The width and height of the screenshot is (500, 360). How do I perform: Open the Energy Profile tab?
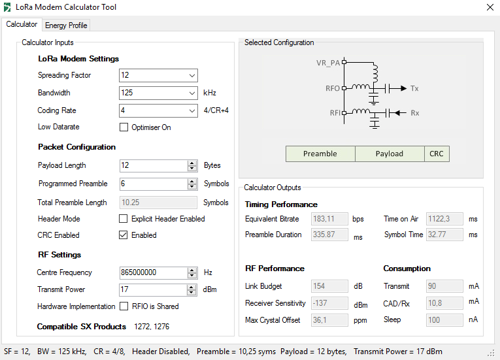[x=66, y=25]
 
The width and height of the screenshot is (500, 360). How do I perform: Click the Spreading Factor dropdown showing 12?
[x=158, y=75]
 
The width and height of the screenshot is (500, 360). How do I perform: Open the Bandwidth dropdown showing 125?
[x=158, y=93]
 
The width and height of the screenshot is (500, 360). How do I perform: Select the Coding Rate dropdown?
[x=158, y=110]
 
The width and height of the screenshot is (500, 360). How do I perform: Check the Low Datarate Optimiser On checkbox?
[x=124, y=127]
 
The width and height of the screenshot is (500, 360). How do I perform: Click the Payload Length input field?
[x=154, y=166]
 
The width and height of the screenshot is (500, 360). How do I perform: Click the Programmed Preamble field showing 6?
[x=154, y=184]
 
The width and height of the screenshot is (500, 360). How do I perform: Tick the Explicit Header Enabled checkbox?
[x=124, y=219]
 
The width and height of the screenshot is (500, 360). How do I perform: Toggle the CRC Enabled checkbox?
[x=124, y=235]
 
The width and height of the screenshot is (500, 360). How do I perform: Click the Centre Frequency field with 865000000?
[x=154, y=272]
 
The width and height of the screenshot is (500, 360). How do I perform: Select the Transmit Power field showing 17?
[x=154, y=289]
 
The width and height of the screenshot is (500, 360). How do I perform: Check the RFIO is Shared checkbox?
[x=124, y=306]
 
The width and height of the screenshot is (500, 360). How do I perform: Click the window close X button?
[x=490, y=7]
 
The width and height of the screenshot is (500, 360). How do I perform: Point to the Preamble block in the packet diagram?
[x=320, y=154]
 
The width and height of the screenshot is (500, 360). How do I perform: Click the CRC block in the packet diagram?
[x=437, y=154]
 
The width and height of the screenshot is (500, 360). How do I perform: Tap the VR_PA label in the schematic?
[x=327, y=63]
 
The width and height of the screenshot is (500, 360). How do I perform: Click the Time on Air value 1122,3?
[x=444, y=220]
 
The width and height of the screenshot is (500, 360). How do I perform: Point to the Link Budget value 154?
[x=329, y=286]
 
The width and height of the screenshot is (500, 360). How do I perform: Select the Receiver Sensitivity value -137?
[x=329, y=303]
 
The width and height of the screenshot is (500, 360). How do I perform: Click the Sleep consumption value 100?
[x=444, y=320]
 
